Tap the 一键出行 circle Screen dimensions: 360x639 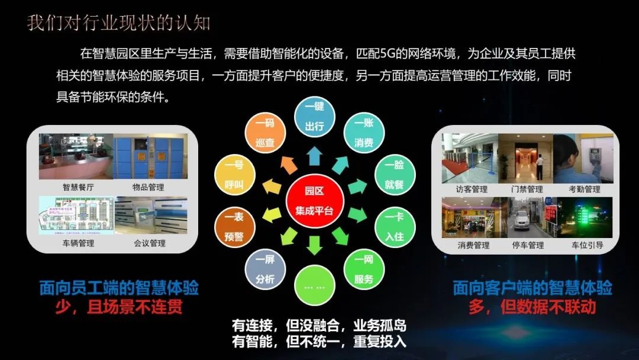pyautogui.click(x=314, y=118)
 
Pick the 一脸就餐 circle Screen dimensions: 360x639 pyautogui.click(x=395, y=175)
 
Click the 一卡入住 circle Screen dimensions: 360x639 pyautogui.click(x=395, y=227)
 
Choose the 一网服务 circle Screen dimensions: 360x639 pyautogui.click(x=363, y=269)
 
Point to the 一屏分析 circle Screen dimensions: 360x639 pyautogui.click(x=265, y=270)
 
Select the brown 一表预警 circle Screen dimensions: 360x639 pyautogui.click(x=234, y=227)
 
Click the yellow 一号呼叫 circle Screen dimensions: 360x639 pyautogui.click(x=234, y=175)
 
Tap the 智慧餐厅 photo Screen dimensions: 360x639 pyautogui.click(x=75, y=157)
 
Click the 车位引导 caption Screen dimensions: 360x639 pyautogui.click(x=587, y=245)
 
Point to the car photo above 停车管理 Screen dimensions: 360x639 pyautogui.click(x=525, y=217)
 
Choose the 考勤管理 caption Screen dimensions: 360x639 pyautogui.click(x=584, y=189)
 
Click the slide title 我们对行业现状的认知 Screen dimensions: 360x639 pyautogui.click(x=119, y=23)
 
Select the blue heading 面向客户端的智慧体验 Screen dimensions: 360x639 pyautogui.click(x=532, y=288)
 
